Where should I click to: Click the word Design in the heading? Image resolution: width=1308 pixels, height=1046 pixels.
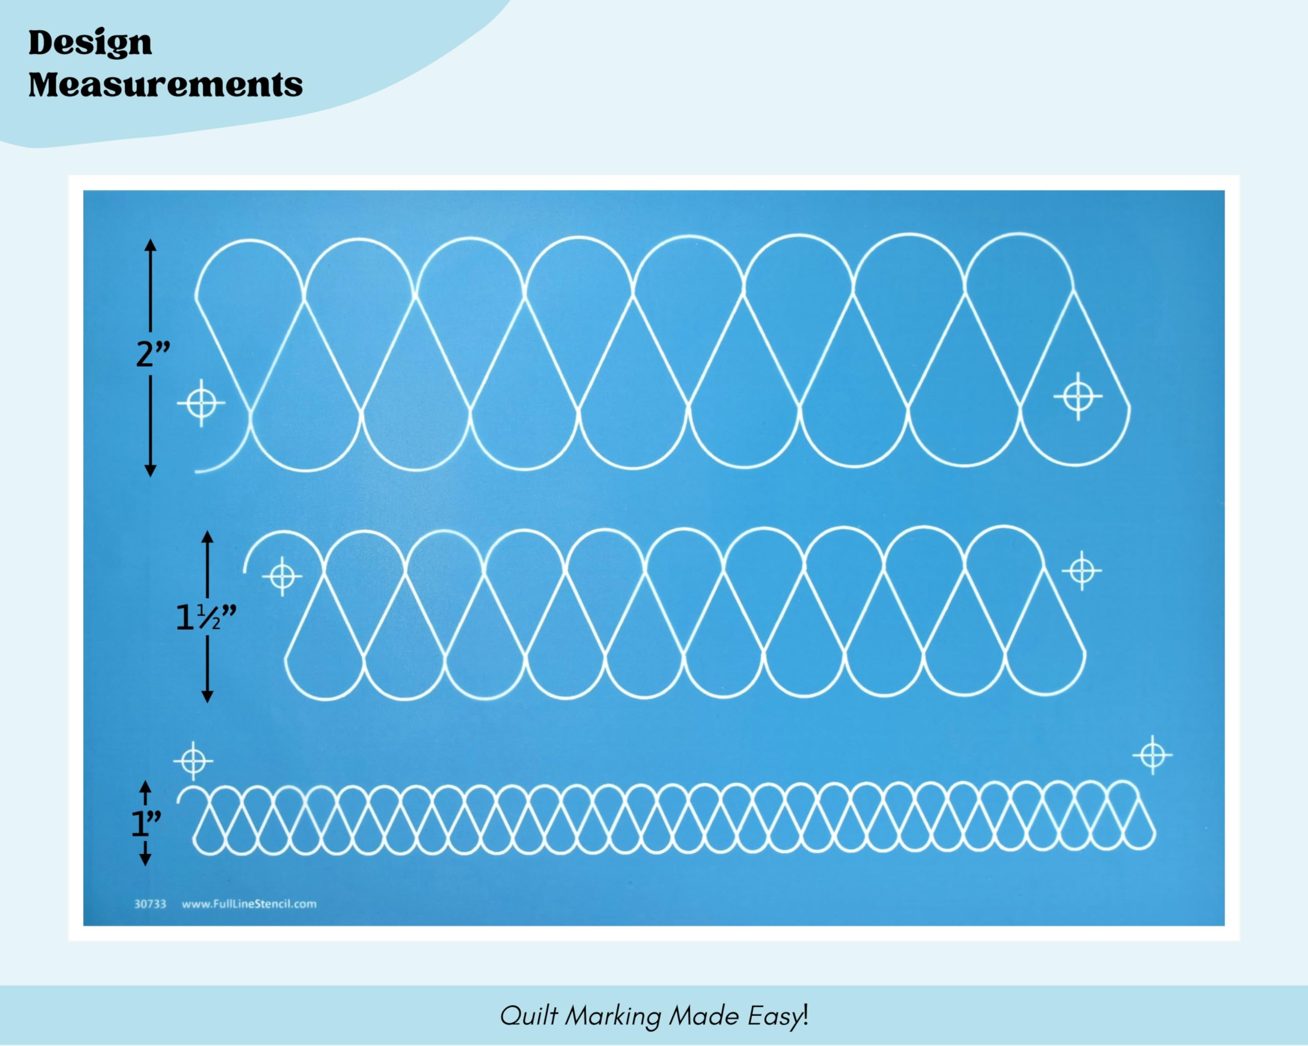(90, 43)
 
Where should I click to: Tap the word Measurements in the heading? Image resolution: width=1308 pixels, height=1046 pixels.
(165, 84)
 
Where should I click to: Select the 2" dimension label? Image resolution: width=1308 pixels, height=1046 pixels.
(153, 354)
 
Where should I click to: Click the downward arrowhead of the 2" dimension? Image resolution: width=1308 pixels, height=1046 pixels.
(150, 470)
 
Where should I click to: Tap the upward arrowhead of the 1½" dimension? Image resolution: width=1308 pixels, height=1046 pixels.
(207, 537)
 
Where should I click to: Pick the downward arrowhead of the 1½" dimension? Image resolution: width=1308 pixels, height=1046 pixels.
(207, 697)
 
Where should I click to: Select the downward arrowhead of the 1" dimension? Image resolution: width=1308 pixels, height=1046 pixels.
(145, 860)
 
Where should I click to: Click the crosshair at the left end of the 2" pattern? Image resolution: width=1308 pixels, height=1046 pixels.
(201, 402)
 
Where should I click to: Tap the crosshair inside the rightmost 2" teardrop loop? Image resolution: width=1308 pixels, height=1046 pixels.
(1078, 396)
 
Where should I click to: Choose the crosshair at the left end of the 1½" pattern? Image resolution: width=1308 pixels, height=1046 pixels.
(282, 576)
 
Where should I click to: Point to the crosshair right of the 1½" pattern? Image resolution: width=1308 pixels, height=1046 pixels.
(1082, 570)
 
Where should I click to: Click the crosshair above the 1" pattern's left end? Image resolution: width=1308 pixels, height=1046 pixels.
(193, 760)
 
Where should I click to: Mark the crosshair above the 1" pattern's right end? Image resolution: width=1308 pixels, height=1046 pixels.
(1153, 755)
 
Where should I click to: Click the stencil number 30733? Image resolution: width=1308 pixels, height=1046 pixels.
(150, 904)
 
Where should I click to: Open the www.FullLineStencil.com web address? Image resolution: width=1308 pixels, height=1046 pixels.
(249, 904)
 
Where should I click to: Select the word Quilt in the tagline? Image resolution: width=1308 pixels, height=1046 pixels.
(528, 1016)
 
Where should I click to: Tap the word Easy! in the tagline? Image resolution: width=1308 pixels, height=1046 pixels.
(778, 1016)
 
